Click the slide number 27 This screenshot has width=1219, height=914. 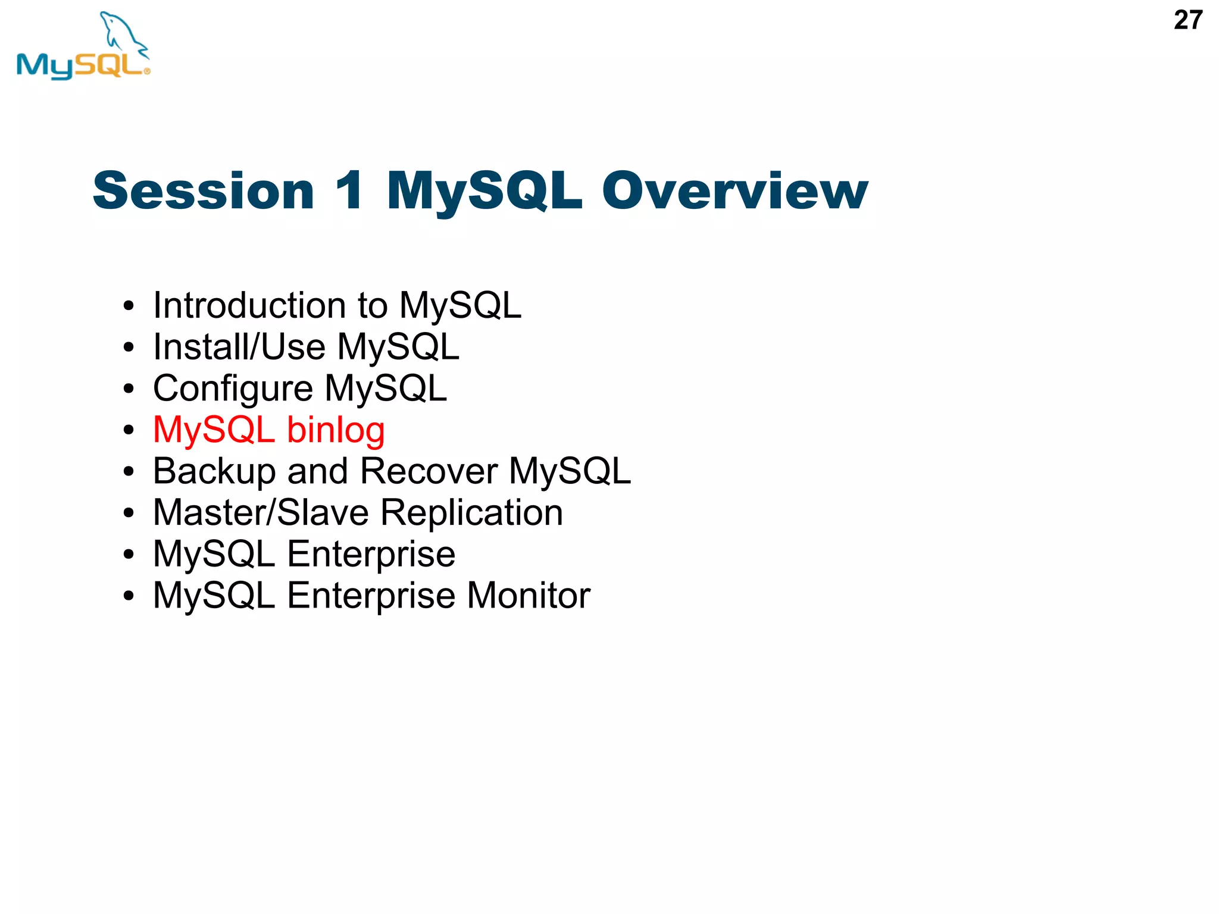[1187, 20]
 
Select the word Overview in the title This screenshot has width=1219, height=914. [734, 191]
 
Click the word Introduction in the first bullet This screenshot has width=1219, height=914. [249, 305]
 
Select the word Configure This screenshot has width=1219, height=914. [233, 389]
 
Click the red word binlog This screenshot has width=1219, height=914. [336, 430]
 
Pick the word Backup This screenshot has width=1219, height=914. [214, 471]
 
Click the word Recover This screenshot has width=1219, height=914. [429, 471]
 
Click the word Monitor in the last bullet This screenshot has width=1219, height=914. [529, 596]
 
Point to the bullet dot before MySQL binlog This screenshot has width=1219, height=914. [129, 430]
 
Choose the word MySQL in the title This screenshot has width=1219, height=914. [484, 191]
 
